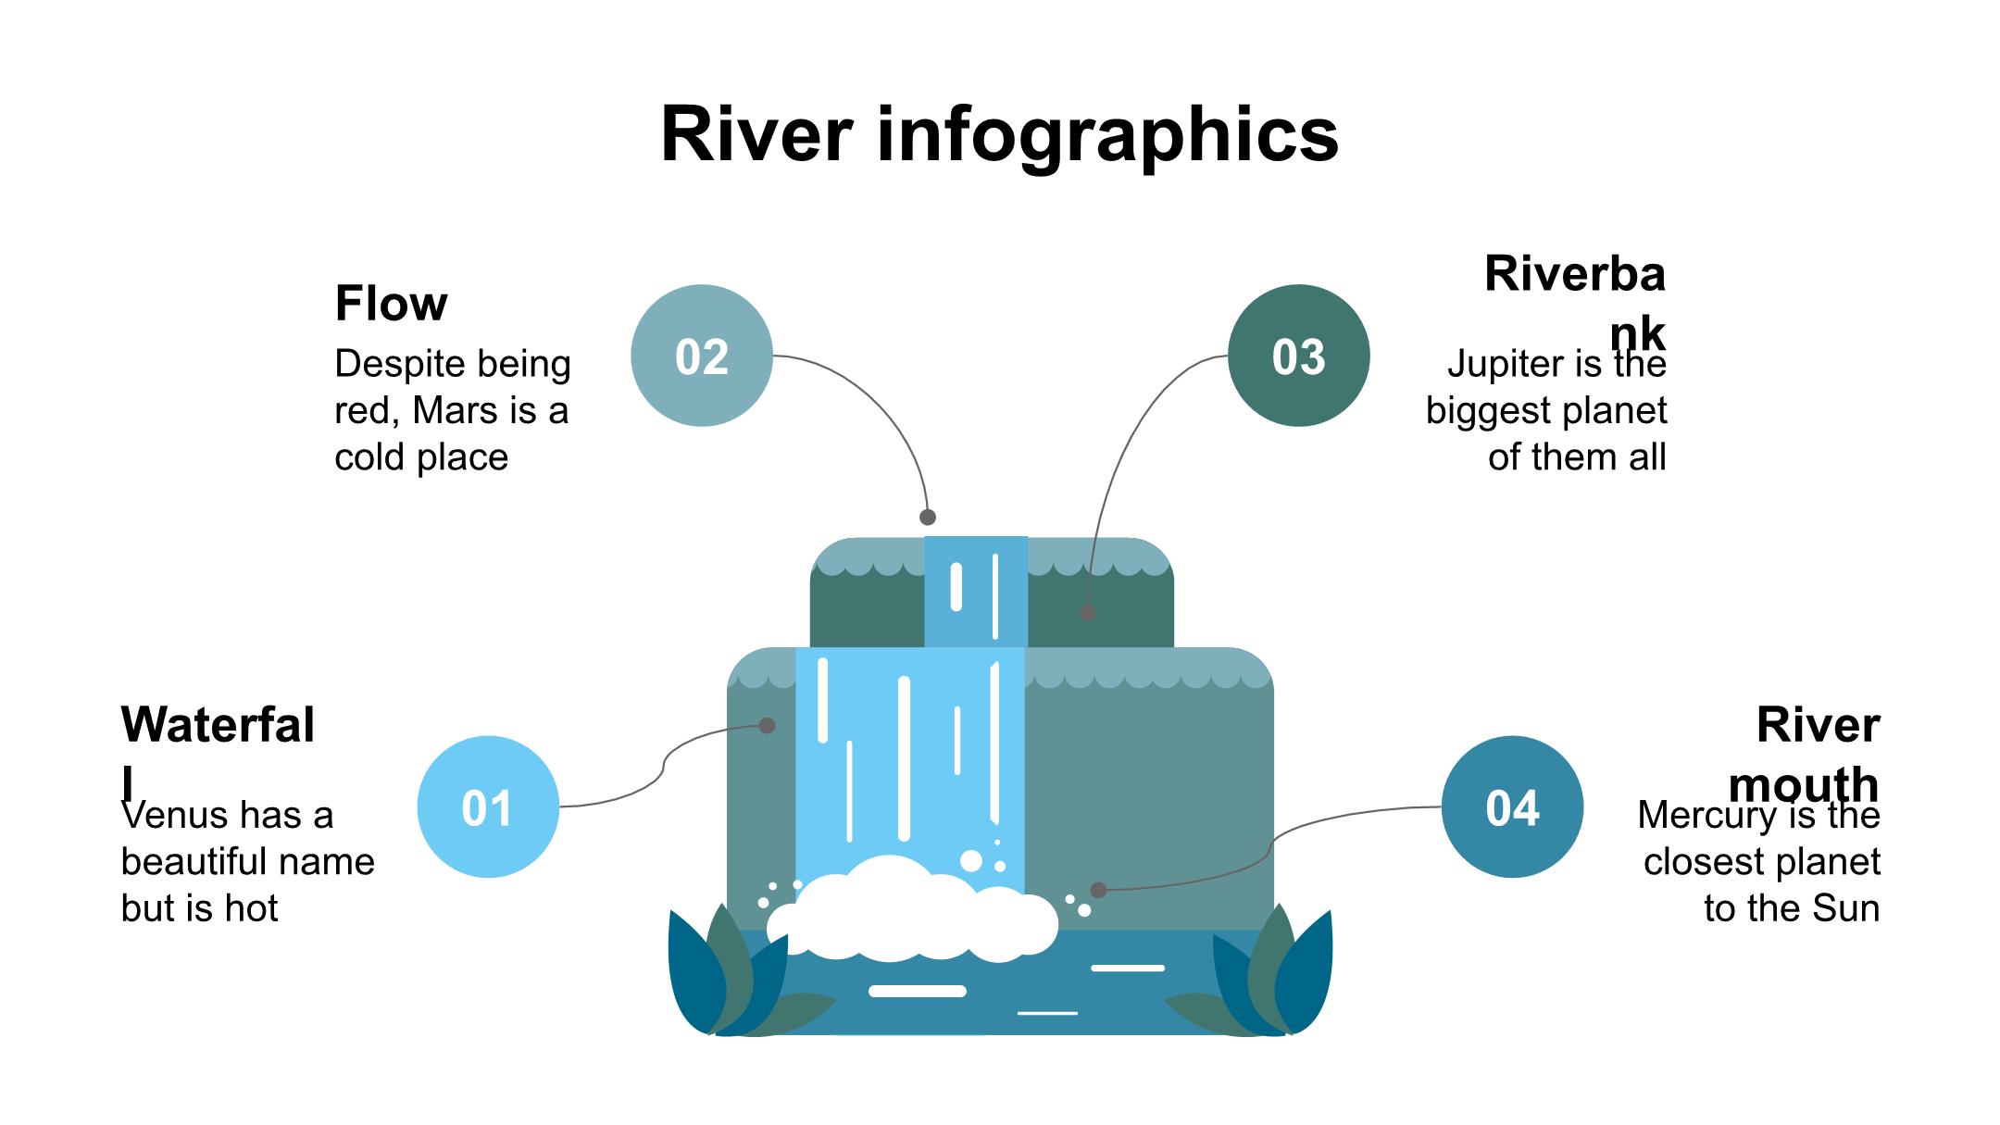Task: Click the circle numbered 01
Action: [488, 806]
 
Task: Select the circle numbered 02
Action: [701, 356]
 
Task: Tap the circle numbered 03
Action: [1298, 356]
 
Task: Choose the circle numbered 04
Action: [1512, 806]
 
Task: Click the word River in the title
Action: [756, 134]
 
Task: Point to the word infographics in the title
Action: [1106, 136]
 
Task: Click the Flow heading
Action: [391, 303]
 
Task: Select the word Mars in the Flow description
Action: [453, 410]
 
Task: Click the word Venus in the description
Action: [175, 816]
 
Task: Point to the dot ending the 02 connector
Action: [928, 517]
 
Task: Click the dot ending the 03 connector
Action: [1088, 612]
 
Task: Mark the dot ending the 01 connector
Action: [767, 725]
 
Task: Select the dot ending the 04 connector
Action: [1098, 890]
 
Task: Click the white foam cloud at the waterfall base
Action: [912, 912]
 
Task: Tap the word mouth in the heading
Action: [1804, 785]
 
